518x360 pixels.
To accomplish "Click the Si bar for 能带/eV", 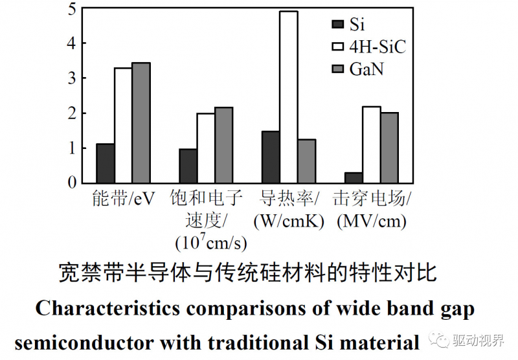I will point(106,163).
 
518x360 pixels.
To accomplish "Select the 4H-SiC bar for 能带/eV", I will point(123,125).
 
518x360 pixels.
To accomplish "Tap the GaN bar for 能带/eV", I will point(141,123).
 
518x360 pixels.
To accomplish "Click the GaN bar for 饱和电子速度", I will point(223,145).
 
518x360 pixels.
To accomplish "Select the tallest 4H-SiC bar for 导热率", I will point(288,97).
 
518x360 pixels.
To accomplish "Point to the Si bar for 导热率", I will point(271,157).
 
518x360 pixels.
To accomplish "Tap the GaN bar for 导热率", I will point(306,161).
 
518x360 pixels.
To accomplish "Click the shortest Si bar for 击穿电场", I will point(353,177).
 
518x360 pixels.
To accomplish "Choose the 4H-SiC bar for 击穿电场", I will point(371,144).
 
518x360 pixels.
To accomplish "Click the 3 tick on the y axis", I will point(71,79).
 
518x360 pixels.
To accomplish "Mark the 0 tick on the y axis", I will point(71,183).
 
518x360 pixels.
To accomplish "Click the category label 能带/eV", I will point(124,198).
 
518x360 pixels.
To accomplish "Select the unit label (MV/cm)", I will point(372,221).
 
